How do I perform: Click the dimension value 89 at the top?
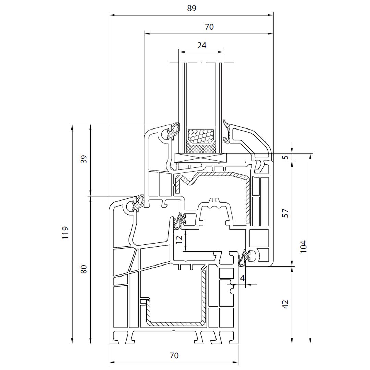click(192, 8)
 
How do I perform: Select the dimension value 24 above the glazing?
click(202, 45)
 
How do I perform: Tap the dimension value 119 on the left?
click(66, 233)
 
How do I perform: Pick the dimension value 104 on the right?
click(303, 246)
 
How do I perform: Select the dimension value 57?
click(286, 213)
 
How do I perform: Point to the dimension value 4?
click(243, 278)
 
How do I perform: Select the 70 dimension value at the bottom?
click(174, 356)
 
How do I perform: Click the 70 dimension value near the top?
click(209, 27)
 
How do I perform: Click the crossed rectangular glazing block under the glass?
click(201, 158)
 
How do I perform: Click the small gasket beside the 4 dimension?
click(245, 258)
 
